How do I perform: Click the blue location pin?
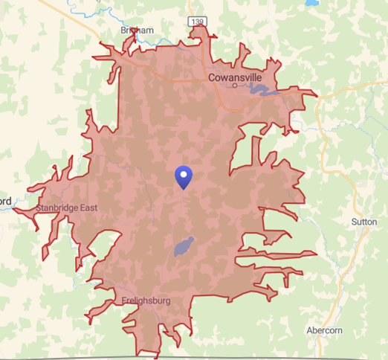(x=183, y=177)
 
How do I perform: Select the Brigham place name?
(x=137, y=30)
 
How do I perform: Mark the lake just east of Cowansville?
(x=261, y=91)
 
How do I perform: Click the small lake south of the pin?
(x=184, y=246)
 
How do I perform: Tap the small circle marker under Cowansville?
(x=234, y=86)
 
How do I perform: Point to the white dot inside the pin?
(x=183, y=175)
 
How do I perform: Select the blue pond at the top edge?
(x=310, y=3)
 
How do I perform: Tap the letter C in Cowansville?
(x=211, y=76)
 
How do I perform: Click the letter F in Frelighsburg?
(x=123, y=300)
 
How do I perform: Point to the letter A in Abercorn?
(x=310, y=330)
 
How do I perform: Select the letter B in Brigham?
(x=123, y=30)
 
